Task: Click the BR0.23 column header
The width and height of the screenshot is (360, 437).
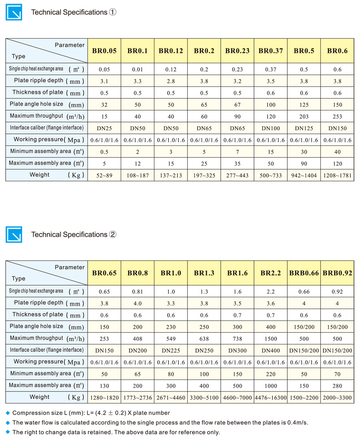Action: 237,51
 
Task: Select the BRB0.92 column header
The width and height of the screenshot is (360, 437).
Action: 337,273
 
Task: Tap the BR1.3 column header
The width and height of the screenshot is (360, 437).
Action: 204,273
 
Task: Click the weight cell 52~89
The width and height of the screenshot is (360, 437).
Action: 104,175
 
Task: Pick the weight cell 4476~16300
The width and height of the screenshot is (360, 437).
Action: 270,397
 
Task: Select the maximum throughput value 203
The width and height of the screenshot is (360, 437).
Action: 304,116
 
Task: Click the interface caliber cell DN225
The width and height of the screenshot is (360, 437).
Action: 171,350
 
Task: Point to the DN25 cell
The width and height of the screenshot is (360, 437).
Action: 104,128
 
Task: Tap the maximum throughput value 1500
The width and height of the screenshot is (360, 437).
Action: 270,338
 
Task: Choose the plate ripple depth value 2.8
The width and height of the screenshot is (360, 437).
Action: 171,81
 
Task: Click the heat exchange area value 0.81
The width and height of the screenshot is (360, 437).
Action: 137,291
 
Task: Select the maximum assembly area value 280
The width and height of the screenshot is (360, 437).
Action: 337,385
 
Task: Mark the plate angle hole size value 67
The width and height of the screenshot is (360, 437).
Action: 237,105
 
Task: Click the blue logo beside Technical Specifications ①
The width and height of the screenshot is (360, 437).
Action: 14,12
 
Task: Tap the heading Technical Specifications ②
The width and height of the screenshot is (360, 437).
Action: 74,235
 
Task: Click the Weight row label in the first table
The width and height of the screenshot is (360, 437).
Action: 40,175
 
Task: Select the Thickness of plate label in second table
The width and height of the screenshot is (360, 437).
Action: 38,315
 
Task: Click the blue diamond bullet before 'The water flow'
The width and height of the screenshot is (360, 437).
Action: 8,423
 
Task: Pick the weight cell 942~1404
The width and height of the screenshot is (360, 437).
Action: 304,175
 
